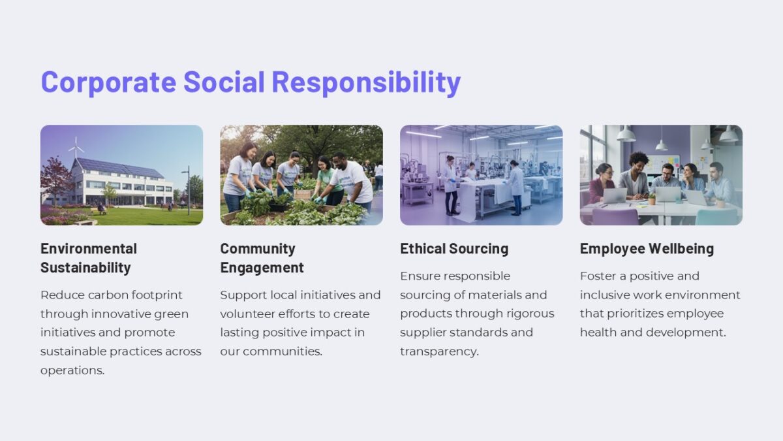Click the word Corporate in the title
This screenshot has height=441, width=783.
coord(108,82)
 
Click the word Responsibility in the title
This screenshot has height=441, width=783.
coord(366,82)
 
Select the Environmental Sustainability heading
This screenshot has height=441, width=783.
coord(89,258)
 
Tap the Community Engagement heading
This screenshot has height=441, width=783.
coord(262,258)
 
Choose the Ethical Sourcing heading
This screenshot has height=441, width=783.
coord(454,249)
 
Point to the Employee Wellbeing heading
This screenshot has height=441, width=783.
coord(647,249)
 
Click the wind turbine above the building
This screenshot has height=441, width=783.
coord(76,148)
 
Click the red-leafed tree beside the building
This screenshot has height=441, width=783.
coord(56,178)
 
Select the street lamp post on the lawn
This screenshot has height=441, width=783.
coord(188,189)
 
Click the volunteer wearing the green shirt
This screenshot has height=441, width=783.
coord(328,180)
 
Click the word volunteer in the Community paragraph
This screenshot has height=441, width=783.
coord(246,314)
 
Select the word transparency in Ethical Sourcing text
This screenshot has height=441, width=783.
coord(438,351)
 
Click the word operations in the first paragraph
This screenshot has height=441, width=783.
coord(72,370)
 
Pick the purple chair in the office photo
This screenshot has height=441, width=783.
coord(615,217)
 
